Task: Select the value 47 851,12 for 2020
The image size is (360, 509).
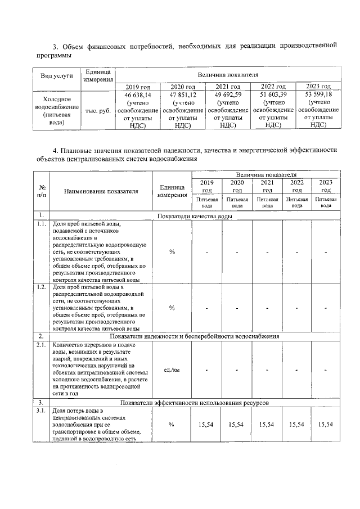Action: tap(183, 95)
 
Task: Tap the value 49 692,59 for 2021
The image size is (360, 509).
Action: tap(227, 95)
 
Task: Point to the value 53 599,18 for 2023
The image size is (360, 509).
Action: tap(318, 95)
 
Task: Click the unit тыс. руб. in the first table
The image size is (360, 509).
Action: tap(98, 111)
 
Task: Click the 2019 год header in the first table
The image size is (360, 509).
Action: tap(138, 87)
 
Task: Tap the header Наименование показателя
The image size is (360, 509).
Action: tap(101, 191)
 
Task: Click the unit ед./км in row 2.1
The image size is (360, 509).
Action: tap(172, 370)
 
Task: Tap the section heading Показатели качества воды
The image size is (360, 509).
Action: tap(194, 216)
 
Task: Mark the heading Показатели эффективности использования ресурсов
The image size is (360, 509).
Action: tap(194, 404)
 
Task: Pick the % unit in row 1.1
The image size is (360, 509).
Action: tap(172, 251)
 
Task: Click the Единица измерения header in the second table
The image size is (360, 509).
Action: tap(172, 191)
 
